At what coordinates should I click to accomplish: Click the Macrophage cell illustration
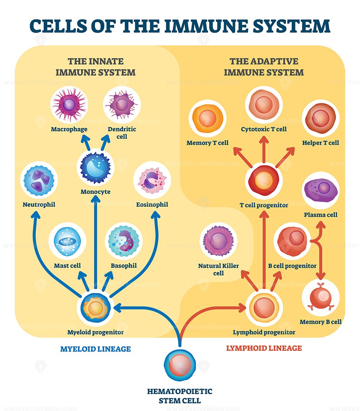69,106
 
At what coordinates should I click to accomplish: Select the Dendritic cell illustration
122,106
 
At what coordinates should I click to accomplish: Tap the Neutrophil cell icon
38,182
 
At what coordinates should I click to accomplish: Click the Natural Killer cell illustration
218,240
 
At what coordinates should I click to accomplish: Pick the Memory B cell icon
320,298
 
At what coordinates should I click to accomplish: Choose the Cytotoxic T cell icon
264,105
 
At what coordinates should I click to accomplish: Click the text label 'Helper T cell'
320,143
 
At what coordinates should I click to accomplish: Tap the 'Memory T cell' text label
207,143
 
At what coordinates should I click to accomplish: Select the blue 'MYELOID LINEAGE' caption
95,349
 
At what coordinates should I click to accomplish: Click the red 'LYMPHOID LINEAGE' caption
264,348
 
